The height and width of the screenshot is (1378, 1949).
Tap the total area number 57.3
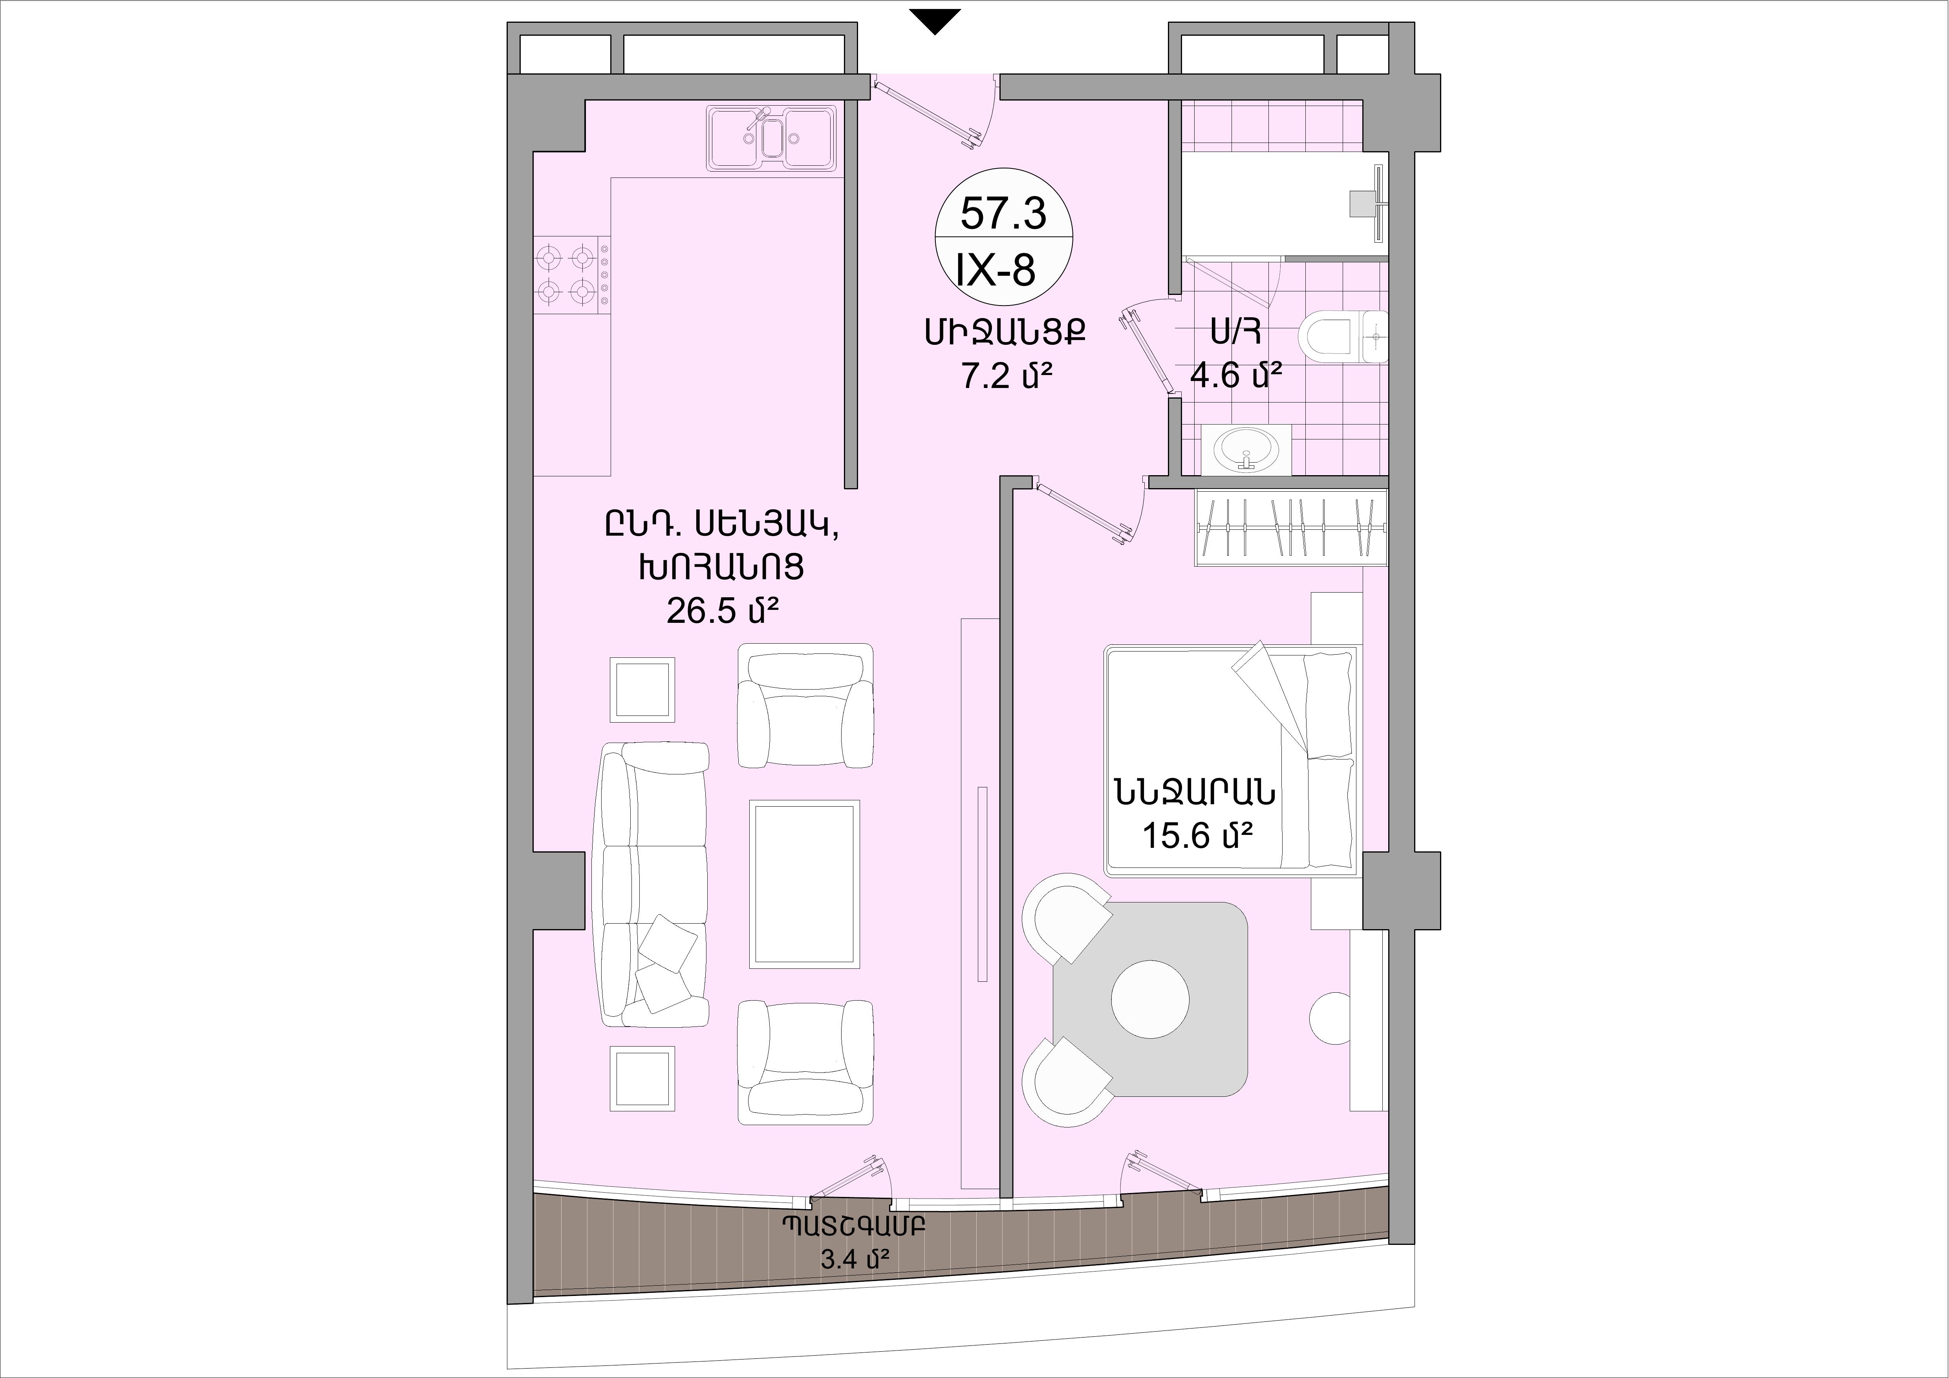[x=1003, y=213]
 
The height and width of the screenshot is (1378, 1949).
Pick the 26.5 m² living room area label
[x=723, y=609]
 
